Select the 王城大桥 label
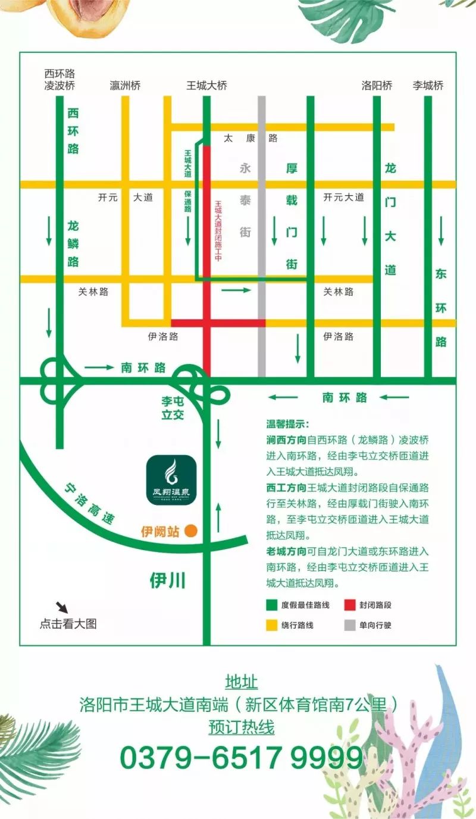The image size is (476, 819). [206, 86]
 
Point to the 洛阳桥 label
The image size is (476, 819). [377, 86]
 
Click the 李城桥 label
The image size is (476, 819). [428, 86]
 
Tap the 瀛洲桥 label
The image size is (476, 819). [126, 86]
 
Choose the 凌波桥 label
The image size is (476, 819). [59, 86]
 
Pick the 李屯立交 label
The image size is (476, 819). [173, 409]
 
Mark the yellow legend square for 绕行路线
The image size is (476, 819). [271, 625]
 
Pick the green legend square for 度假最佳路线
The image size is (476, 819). [271, 605]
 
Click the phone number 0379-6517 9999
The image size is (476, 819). [241, 758]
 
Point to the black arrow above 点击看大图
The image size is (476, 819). [62, 607]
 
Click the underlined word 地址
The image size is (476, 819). [241, 682]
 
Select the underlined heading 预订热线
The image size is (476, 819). [241, 727]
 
